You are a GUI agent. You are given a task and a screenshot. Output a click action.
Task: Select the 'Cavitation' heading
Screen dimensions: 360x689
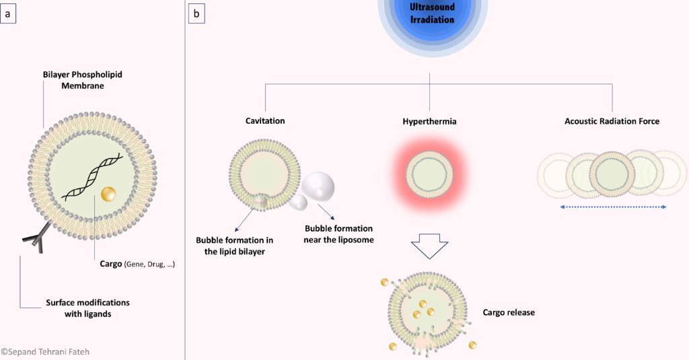(265, 121)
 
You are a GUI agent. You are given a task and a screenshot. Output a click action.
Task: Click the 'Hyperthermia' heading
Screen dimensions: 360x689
(429, 121)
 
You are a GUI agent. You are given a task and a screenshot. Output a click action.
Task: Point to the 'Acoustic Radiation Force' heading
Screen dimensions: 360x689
(612, 121)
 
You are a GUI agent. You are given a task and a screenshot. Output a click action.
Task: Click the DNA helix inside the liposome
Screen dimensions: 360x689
(92, 178)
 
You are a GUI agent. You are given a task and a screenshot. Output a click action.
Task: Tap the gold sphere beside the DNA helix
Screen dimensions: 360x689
(108, 194)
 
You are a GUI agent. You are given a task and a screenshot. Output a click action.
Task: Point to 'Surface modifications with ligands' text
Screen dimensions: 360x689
(87, 308)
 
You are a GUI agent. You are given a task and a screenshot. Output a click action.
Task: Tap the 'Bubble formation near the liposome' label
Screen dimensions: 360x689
(338, 234)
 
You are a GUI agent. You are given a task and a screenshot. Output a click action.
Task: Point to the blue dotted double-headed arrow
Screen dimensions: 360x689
(612, 207)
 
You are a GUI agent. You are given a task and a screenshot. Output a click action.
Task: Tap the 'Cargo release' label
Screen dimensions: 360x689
(509, 312)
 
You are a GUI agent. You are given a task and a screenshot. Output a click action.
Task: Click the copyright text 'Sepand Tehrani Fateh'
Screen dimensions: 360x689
(46, 351)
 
